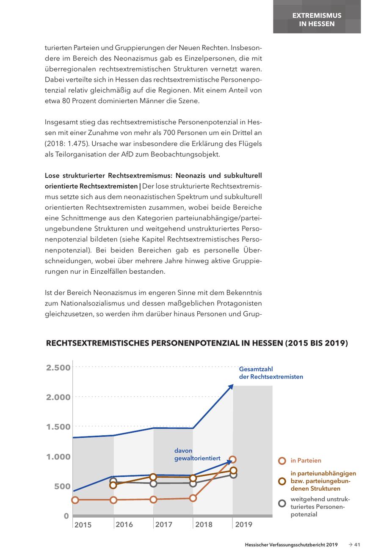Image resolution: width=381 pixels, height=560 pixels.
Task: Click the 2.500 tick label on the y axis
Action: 58,367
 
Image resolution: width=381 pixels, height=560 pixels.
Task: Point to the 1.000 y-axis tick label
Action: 58,456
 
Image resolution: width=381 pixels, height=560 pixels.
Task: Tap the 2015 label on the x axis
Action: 83,525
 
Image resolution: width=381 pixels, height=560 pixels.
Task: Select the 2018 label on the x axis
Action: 204,524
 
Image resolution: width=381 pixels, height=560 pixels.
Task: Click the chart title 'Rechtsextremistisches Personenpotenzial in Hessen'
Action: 197,343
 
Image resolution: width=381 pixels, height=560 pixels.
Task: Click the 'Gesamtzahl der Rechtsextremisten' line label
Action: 271,373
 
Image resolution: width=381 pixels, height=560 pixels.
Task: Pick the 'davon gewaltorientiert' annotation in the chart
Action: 197,455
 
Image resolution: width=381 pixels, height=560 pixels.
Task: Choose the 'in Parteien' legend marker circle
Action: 282,461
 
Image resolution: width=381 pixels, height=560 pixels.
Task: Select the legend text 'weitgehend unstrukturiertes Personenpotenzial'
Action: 318,507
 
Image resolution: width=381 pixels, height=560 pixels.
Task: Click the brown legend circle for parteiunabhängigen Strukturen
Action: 282,481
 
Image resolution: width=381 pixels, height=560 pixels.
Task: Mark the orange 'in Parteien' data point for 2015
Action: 75,500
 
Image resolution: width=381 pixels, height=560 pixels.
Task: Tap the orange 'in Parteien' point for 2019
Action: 233,460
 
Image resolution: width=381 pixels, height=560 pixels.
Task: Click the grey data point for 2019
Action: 233,475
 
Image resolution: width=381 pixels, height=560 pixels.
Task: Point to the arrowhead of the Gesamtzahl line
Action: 231,386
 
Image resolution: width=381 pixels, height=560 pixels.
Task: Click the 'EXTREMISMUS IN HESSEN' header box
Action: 317,19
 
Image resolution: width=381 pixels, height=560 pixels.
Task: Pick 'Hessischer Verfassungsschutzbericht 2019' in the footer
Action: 291,545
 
